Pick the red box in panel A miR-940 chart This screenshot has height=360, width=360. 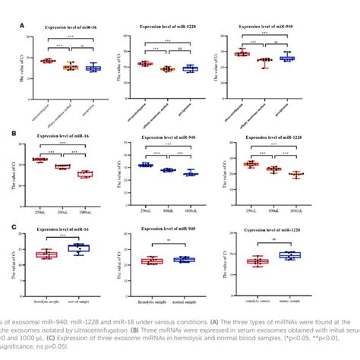tap(242, 53)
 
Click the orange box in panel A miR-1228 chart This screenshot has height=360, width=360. tap(167, 69)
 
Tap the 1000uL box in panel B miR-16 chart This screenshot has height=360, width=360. tap(85, 174)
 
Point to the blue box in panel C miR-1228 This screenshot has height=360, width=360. tap(289, 255)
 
